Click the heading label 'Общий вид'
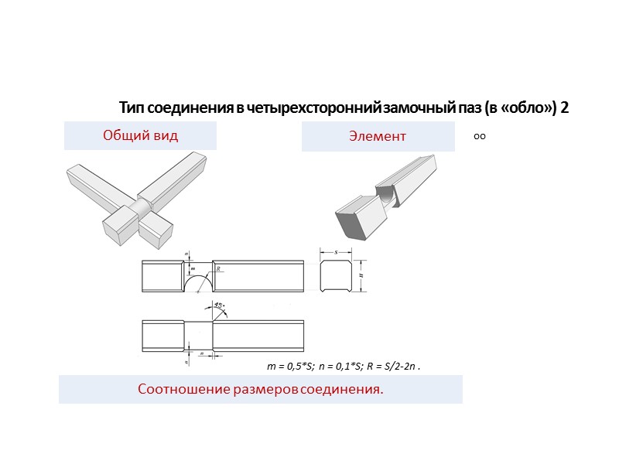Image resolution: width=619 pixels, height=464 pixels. point(140,136)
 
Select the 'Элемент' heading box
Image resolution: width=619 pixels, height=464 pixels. point(378,137)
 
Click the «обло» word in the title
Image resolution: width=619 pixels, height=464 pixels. point(528,108)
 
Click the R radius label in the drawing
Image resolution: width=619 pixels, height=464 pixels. point(219,269)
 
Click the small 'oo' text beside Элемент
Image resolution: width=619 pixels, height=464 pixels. point(479,137)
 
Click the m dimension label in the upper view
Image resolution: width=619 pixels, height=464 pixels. point(193,268)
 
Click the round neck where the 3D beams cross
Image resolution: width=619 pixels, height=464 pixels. point(142,206)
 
